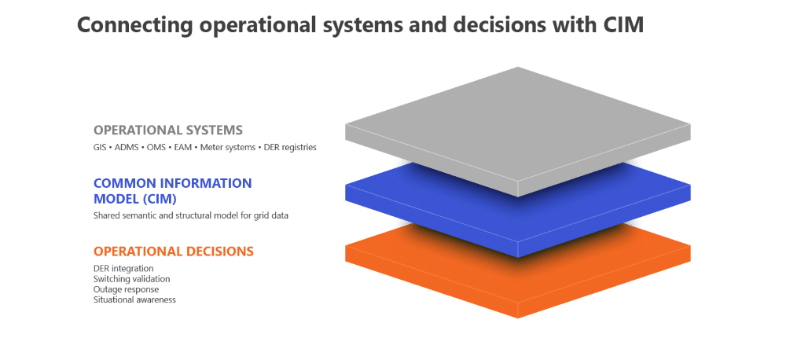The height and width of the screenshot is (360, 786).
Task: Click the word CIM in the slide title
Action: (623, 24)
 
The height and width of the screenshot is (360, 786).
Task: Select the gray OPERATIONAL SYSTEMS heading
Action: (168, 130)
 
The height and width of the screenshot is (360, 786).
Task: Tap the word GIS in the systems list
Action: (101, 147)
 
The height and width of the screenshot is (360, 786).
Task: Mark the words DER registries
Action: (291, 147)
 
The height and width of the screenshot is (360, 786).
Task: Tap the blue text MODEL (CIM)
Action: (134, 198)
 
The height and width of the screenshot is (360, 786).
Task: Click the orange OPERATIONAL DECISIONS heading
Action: (174, 252)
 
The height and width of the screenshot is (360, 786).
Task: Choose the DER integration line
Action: (123, 269)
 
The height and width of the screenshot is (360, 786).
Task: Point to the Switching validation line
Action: (131, 279)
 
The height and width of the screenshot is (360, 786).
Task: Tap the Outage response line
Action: (126, 289)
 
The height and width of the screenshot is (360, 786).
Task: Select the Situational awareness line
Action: (134, 299)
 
